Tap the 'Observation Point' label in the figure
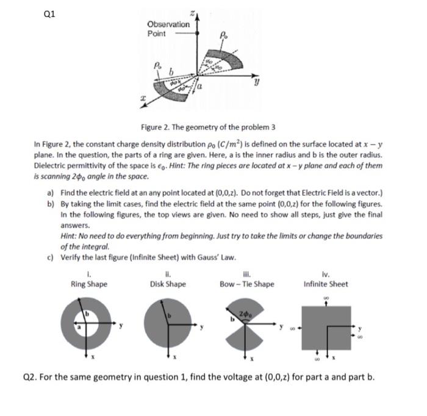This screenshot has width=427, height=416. tap(168, 29)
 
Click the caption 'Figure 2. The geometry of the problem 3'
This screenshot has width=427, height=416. tap(207, 127)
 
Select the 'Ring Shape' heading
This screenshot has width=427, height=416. tap(89, 284)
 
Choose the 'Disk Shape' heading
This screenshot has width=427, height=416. tap(168, 284)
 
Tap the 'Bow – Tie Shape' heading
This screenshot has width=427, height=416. tap(247, 284)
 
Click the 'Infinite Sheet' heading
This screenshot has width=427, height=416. tap(326, 284)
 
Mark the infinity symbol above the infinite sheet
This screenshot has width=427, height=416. tap(326, 298)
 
